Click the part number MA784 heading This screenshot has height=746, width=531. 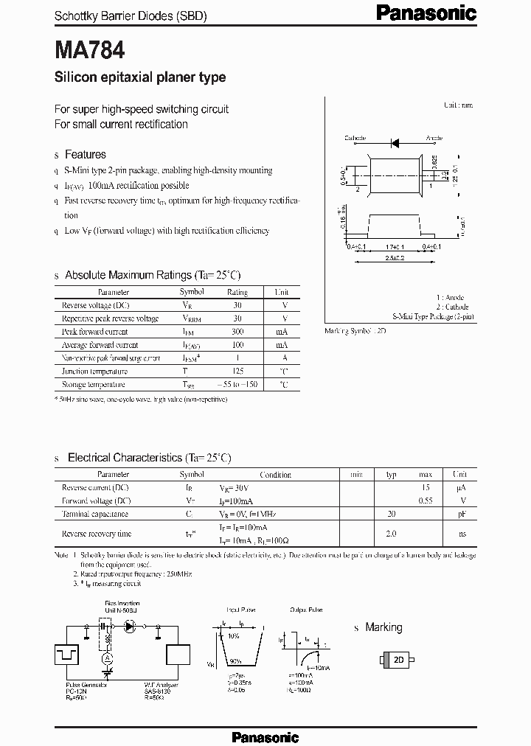click(x=89, y=50)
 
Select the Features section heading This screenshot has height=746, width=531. click(x=86, y=155)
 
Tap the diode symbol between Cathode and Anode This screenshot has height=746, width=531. click(x=395, y=139)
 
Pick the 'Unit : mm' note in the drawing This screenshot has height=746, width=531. click(x=458, y=105)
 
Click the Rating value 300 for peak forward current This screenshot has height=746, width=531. click(x=237, y=332)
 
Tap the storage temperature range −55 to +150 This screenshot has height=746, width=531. click(x=237, y=385)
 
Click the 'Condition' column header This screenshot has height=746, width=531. click(x=276, y=475)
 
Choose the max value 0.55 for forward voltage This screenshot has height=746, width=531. click(x=426, y=501)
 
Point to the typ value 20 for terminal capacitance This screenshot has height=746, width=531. click(x=392, y=515)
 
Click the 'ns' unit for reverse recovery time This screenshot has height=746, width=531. click(x=460, y=533)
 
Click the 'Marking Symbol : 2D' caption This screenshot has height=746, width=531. click(x=355, y=331)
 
